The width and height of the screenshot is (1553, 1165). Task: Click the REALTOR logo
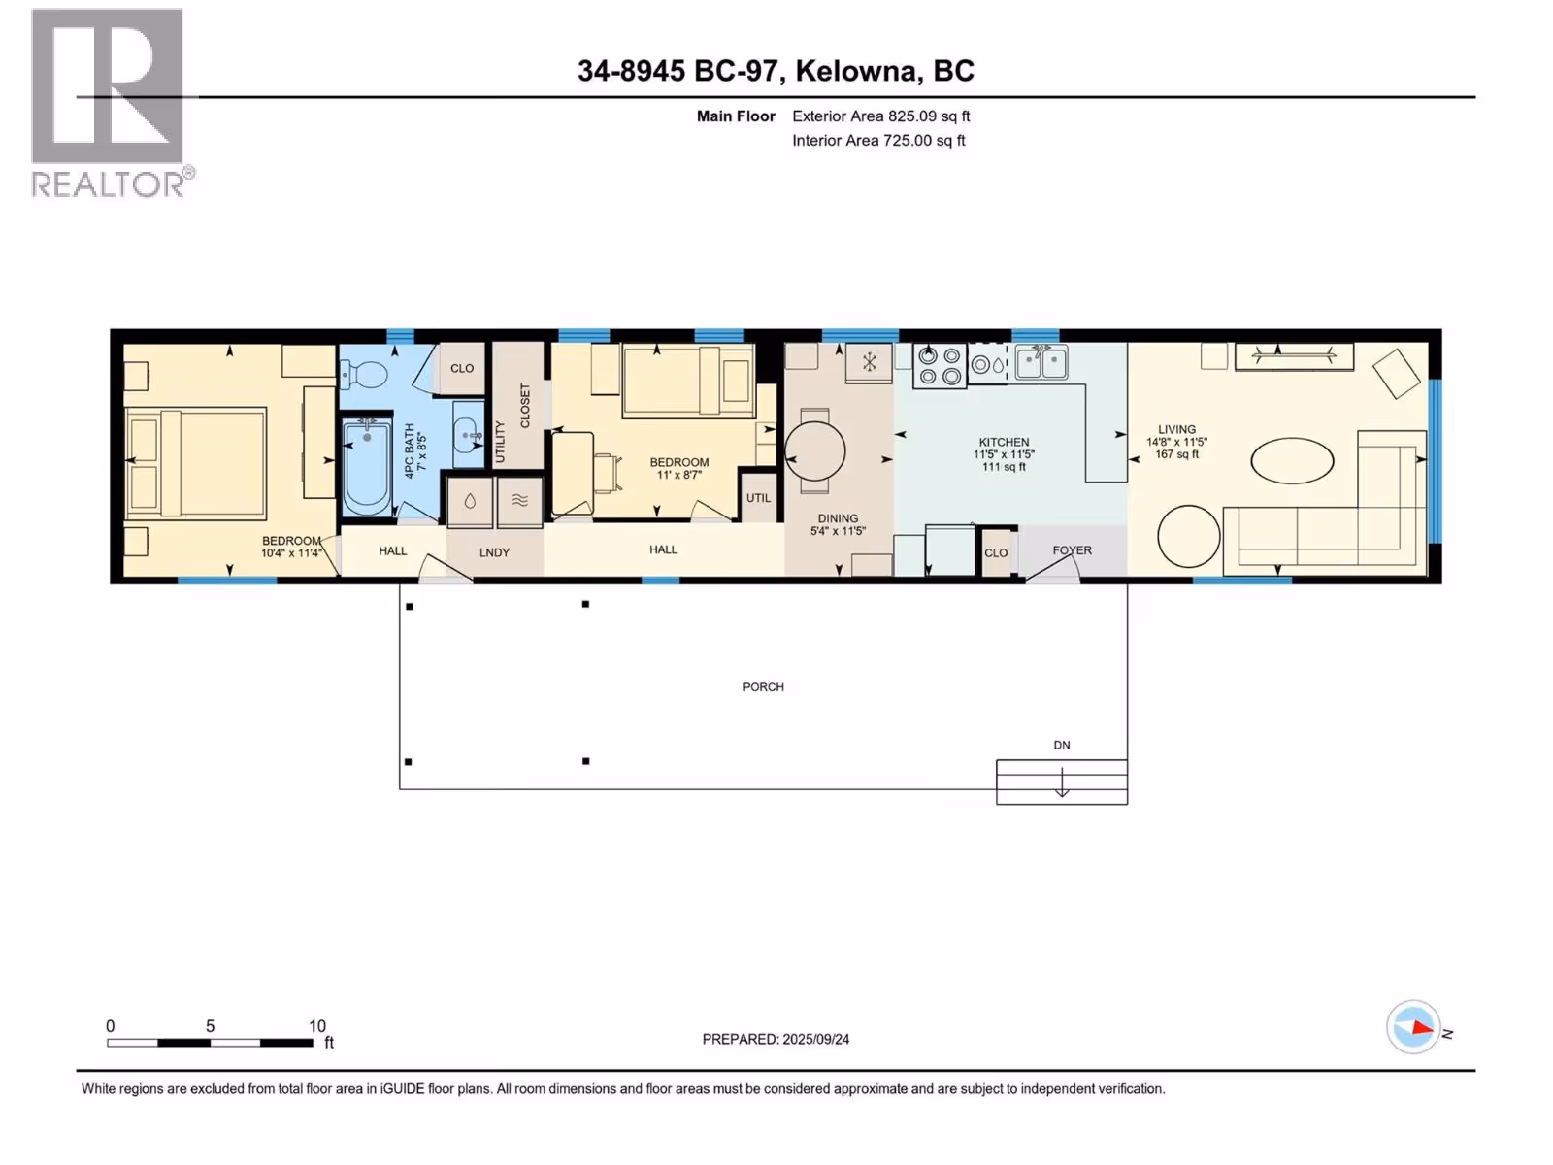[112, 103]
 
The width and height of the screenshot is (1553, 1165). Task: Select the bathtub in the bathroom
[367, 468]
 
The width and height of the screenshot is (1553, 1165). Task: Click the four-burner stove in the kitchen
[940, 366]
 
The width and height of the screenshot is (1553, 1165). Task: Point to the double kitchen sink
[1041, 362]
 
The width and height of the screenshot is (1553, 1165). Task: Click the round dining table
[815, 451]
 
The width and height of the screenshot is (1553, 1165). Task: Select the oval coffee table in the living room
[1292, 460]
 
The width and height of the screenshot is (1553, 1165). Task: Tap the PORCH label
[763, 686]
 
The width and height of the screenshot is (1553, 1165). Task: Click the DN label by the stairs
[1061, 745]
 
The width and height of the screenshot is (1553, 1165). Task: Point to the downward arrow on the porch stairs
[1061, 781]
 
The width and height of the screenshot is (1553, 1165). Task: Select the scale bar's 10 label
[317, 1025]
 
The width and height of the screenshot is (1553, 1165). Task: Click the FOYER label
[1072, 549]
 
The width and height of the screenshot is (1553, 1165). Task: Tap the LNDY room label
[494, 552]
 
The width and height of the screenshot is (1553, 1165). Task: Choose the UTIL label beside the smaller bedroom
[758, 498]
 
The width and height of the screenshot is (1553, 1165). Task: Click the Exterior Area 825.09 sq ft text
[881, 116]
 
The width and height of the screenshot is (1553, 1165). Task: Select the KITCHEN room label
[1004, 442]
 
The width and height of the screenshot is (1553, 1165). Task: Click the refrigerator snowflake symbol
[869, 363]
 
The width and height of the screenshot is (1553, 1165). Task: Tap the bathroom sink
[469, 433]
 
